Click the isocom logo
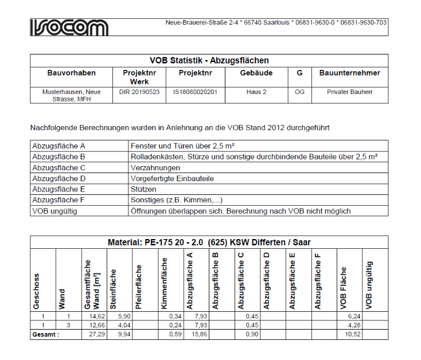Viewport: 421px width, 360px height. pyautogui.click(x=69, y=26)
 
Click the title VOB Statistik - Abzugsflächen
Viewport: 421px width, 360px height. pyautogui.click(x=209, y=60)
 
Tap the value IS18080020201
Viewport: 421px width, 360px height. pyautogui.click(x=196, y=92)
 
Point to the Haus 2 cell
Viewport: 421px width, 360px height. pyautogui.click(x=256, y=92)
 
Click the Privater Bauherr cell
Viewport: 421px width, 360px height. pyautogui.click(x=349, y=92)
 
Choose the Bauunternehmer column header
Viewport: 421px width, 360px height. pyautogui.click(x=349, y=73)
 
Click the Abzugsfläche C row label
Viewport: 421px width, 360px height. pyautogui.click(x=59, y=167)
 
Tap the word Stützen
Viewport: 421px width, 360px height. pyautogui.click(x=143, y=189)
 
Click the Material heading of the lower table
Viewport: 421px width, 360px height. pyautogui.click(x=209, y=242)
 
